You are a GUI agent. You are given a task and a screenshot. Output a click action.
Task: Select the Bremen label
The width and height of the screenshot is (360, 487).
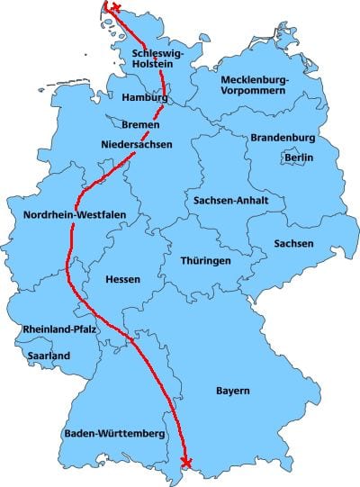click(x=140, y=124)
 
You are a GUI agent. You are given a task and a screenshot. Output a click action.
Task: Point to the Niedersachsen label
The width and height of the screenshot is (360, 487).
click(x=137, y=144)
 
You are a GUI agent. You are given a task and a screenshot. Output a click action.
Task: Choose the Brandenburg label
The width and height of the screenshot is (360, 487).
click(x=283, y=138)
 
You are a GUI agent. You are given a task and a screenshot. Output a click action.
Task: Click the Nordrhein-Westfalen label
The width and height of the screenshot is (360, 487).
click(x=75, y=214)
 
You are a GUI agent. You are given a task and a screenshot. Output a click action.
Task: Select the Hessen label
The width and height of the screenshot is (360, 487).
click(x=122, y=279)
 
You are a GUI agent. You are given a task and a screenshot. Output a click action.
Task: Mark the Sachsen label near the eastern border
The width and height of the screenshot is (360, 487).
click(x=294, y=244)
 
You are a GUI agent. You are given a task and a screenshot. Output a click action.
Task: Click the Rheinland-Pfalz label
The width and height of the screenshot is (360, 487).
click(x=61, y=329)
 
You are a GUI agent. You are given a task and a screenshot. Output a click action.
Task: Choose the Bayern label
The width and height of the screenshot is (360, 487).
click(x=232, y=391)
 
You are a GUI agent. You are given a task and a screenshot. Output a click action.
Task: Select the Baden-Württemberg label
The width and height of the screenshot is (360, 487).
click(x=113, y=435)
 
